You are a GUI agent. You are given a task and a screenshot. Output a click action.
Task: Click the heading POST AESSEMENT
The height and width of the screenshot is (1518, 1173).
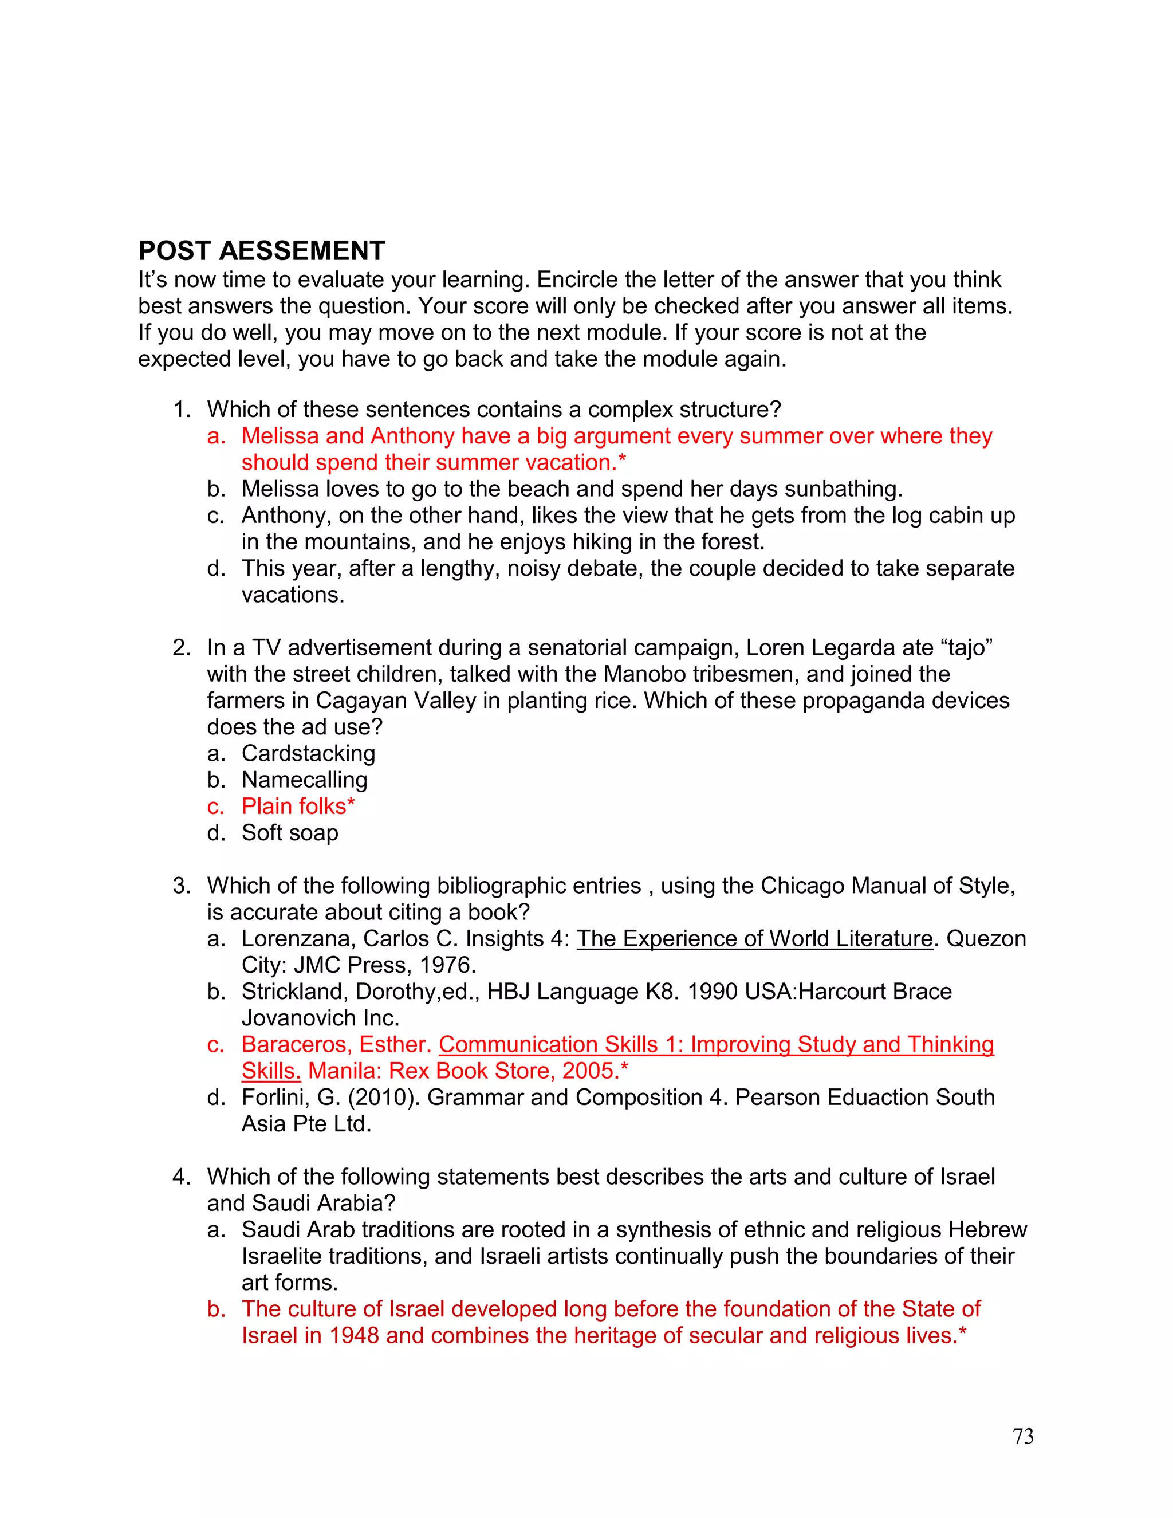pyautogui.click(x=261, y=251)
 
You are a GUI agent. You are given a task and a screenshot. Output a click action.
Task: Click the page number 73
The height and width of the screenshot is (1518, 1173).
pyautogui.click(x=1023, y=1436)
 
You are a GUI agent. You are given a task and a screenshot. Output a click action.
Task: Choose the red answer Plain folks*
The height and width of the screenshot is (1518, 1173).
pyautogui.click(x=297, y=807)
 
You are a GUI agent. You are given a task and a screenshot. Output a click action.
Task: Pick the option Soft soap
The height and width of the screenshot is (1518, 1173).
pyautogui.click(x=290, y=833)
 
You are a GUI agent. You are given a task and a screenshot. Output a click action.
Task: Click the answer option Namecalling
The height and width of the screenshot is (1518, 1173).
pyautogui.click(x=304, y=780)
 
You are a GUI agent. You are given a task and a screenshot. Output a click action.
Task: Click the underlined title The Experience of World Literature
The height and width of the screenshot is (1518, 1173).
pyautogui.click(x=754, y=939)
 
